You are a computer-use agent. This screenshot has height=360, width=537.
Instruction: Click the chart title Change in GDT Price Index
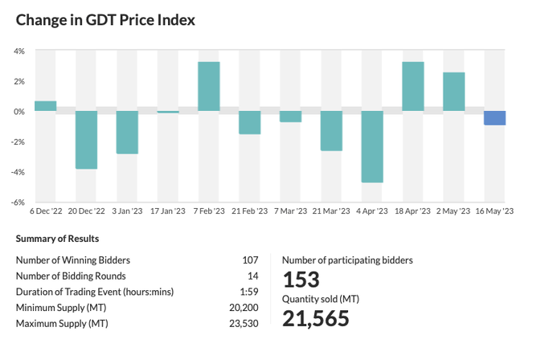coord(105,18)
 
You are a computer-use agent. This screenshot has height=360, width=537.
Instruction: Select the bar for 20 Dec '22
coord(86,140)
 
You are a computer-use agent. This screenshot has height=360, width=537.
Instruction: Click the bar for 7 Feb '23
coord(209,86)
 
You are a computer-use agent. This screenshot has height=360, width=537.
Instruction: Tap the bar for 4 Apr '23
coord(372,147)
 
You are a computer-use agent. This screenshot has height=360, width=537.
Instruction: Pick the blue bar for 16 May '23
coord(494,118)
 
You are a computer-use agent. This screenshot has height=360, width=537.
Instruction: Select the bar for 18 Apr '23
coord(413,86)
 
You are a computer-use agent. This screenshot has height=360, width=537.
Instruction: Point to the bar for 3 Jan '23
coord(127,133)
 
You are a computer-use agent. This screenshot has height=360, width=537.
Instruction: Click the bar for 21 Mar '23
coord(331,131)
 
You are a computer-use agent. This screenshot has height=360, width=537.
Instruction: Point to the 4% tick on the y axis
coord(18,51)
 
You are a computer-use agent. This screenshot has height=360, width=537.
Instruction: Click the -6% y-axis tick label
coord(18,202)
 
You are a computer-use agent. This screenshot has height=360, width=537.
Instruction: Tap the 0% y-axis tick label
coord(19,111)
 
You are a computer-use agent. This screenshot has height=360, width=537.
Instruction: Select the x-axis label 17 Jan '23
coord(168,211)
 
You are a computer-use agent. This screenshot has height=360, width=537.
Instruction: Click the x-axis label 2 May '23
coord(453,211)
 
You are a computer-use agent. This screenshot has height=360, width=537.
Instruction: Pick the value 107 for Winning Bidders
coord(250,260)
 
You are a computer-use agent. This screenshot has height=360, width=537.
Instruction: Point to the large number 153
coord(301,280)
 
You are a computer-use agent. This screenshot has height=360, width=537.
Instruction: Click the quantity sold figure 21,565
coord(316,318)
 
